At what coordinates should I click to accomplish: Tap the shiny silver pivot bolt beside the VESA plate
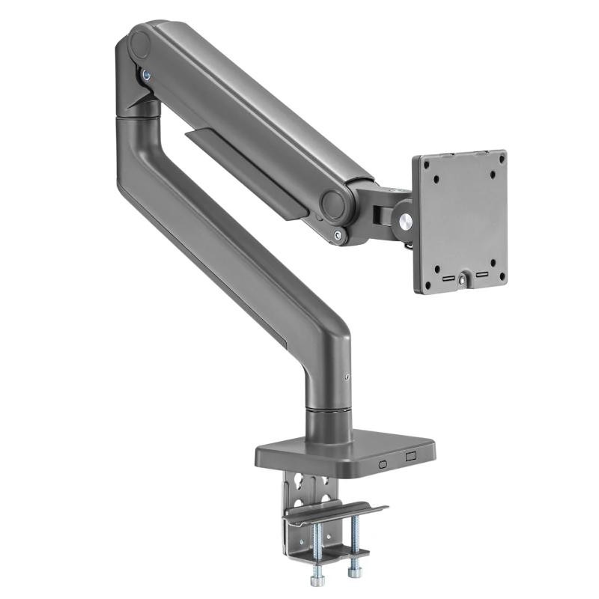pyautogui.click(x=405, y=221)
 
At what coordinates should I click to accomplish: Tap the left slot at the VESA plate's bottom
pyautogui.click(x=447, y=279)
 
